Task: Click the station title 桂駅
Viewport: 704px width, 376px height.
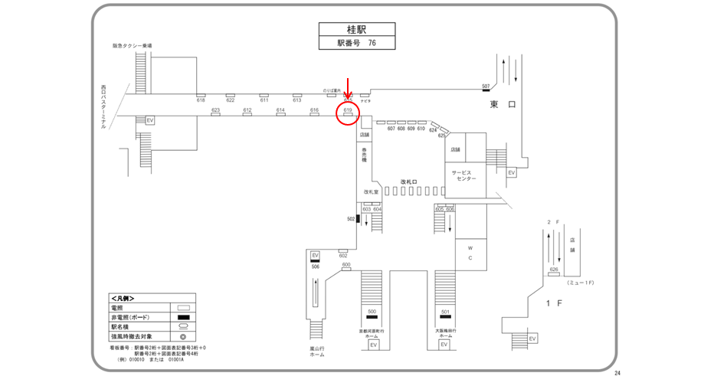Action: tap(357, 30)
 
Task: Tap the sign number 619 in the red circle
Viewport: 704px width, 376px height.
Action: tap(347, 110)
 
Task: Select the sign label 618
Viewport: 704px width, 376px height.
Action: tap(201, 100)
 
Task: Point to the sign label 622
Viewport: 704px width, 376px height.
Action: tap(230, 100)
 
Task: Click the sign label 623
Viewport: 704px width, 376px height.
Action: tap(215, 110)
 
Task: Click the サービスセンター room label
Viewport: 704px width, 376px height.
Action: tap(464, 175)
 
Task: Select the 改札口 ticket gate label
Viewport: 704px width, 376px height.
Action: tap(409, 182)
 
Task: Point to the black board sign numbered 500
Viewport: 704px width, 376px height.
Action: tap(372, 312)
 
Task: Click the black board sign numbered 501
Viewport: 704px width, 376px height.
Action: tap(445, 312)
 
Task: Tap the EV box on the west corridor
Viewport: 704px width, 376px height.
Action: tap(150, 120)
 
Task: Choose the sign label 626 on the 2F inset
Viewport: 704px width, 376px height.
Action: tap(553, 270)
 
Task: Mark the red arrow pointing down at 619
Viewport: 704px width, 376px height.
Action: tap(349, 87)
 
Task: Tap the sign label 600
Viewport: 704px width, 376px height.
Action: tap(346, 265)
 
